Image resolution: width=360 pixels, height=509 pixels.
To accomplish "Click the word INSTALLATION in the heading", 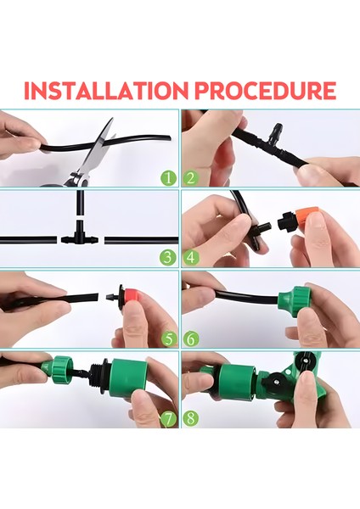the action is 106,91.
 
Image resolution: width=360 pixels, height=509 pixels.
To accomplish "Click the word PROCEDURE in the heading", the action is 265,91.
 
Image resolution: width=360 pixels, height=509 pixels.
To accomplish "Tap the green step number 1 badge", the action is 168,178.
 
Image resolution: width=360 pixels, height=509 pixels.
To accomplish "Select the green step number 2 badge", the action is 191,178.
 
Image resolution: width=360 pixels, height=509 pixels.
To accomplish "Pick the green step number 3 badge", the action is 168,258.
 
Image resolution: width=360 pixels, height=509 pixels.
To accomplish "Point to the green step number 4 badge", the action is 191,258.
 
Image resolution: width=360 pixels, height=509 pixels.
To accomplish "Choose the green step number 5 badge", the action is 168,339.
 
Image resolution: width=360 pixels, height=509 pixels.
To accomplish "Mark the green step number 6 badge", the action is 191,339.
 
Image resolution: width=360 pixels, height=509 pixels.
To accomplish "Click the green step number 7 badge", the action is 168,419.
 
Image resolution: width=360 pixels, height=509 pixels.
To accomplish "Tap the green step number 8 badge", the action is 191,419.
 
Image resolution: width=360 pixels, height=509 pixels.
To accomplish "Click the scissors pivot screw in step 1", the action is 78,178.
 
